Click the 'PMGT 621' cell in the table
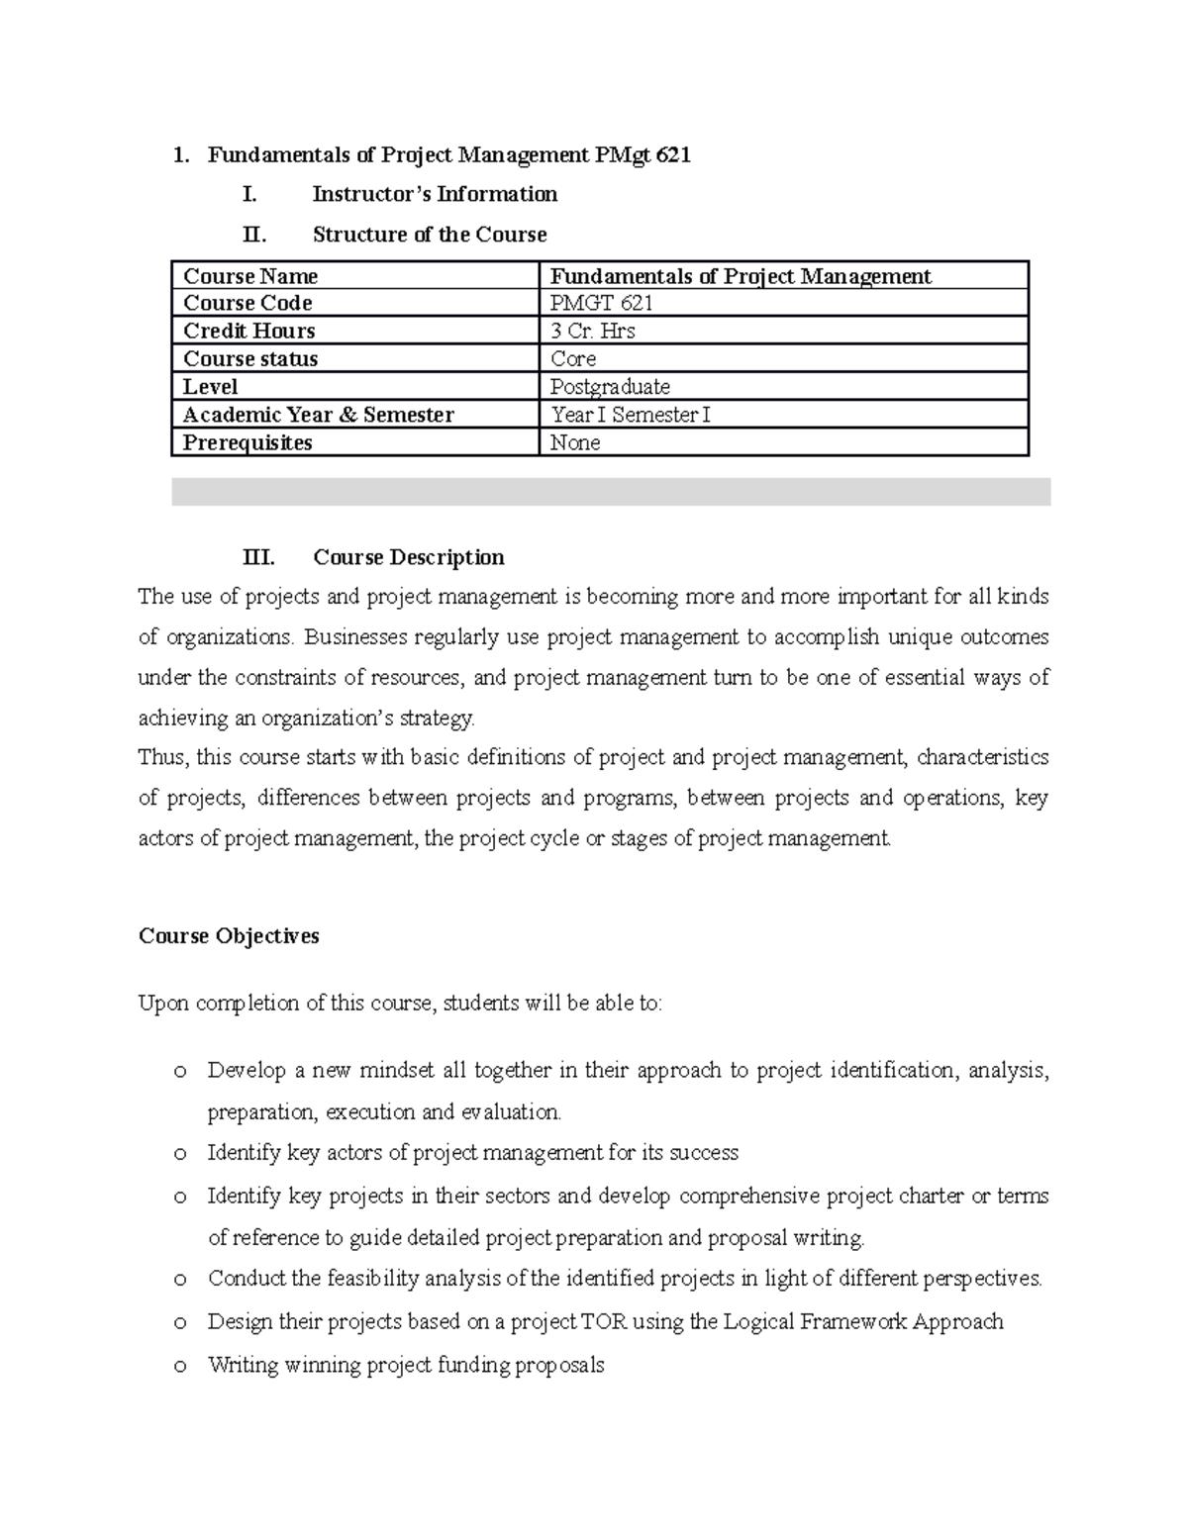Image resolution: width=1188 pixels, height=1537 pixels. click(601, 303)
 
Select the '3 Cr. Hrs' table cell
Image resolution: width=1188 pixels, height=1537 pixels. click(592, 331)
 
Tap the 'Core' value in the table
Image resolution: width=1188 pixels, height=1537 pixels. click(573, 358)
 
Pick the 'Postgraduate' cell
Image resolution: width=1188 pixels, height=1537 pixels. click(610, 386)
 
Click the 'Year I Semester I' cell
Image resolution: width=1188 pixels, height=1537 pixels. click(630, 415)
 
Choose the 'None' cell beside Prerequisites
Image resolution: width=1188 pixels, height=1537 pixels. click(575, 442)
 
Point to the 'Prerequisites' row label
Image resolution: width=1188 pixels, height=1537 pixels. click(247, 442)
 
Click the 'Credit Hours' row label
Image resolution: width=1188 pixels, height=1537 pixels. click(249, 331)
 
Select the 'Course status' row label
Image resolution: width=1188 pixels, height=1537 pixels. click(250, 358)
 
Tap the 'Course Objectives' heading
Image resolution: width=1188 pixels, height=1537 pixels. click(229, 935)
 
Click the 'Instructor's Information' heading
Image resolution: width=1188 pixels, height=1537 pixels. click(435, 194)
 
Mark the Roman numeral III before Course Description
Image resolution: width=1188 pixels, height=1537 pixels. click(258, 557)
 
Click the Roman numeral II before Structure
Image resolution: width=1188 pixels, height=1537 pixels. click(254, 235)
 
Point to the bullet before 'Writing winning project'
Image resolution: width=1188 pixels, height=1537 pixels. click(179, 1367)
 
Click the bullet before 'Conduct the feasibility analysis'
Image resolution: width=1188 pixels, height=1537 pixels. click(179, 1280)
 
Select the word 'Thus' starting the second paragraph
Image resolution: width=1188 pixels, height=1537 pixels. click(161, 757)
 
